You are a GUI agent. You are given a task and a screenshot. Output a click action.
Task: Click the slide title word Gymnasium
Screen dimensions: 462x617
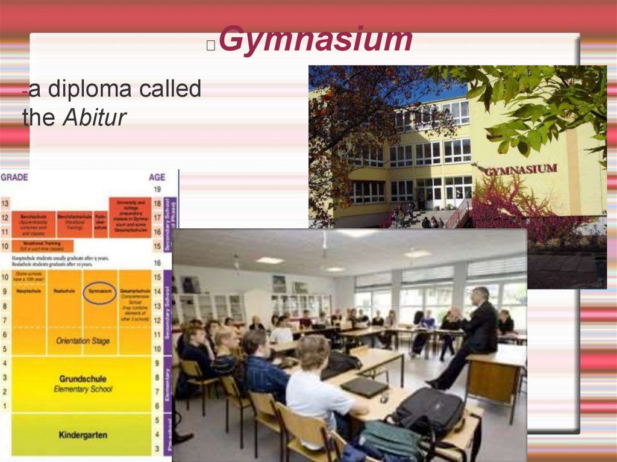(x=315, y=40)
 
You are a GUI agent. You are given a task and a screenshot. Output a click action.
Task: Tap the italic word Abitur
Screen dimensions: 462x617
(x=95, y=117)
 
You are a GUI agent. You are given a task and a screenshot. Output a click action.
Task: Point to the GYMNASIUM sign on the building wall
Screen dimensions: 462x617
(x=521, y=170)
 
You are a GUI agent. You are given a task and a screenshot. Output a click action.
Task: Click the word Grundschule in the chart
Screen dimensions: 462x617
(x=83, y=379)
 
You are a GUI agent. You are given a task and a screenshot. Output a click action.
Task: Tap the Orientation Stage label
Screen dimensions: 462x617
(x=83, y=341)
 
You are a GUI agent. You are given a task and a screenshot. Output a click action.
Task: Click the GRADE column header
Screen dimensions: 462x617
(x=14, y=177)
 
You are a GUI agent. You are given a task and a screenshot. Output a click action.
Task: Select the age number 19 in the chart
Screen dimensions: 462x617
(x=157, y=189)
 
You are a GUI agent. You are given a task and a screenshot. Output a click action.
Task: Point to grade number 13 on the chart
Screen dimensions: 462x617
(x=5, y=204)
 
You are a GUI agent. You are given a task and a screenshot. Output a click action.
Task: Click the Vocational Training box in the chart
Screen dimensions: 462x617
(x=43, y=246)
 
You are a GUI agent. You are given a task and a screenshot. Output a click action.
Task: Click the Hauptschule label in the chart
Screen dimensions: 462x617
(x=28, y=291)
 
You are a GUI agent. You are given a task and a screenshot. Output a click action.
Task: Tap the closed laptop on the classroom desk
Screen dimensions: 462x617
(x=365, y=386)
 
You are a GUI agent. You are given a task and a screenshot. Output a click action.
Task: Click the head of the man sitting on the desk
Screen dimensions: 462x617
(x=480, y=296)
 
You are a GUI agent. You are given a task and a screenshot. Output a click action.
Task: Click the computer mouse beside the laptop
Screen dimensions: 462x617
(x=384, y=399)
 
